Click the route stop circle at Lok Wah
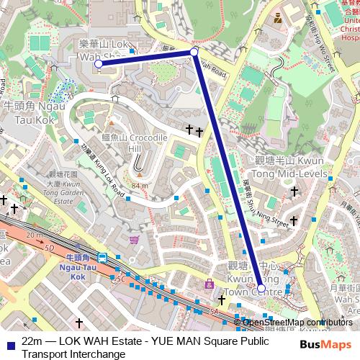(x=98, y=64)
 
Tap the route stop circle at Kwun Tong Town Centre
(x=261, y=289)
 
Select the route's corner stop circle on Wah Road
(x=194, y=53)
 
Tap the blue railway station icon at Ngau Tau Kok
(x=103, y=257)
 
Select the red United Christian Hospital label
(x=347, y=22)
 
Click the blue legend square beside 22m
(x=7, y=342)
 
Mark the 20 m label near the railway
(x=33, y=235)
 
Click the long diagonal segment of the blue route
(x=227, y=169)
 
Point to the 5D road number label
(x=49, y=248)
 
